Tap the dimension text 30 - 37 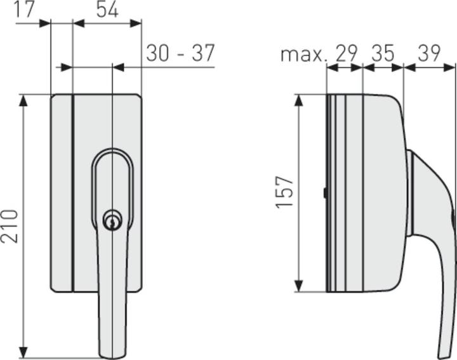[x=180, y=53]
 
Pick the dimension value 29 [x=346, y=53]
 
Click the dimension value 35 [x=383, y=53]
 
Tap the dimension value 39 [x=429, y=53]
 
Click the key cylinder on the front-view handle [x=112, y=221]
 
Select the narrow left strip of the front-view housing [x=62, y=192]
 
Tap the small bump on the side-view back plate [x=324, y=193]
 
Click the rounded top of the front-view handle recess [x=112, y=154]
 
